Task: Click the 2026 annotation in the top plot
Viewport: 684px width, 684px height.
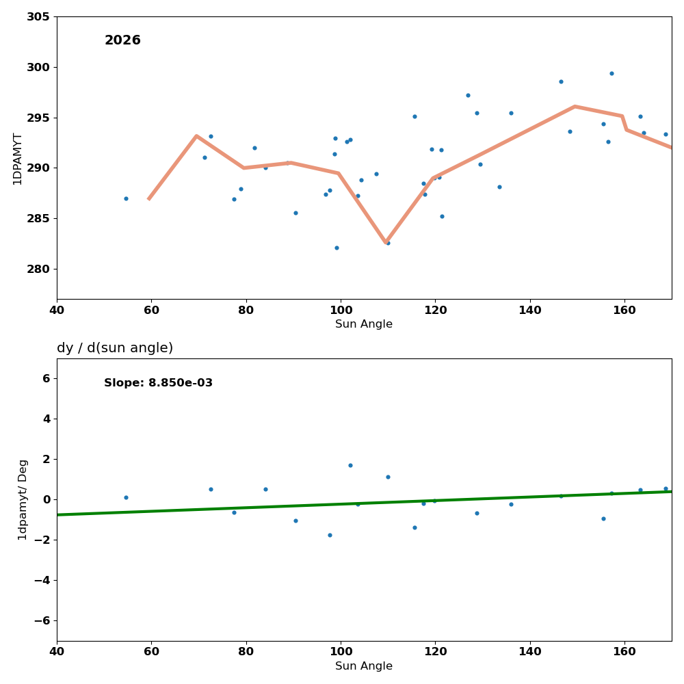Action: point(122,41)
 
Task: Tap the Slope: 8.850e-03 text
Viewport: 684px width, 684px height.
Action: point(158,383)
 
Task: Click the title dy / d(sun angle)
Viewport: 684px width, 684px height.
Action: point(115,348)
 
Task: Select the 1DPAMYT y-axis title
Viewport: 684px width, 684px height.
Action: point(18,159)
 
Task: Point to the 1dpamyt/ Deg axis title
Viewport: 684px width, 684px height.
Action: point(23,499)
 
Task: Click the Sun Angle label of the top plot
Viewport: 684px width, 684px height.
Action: point(364,324)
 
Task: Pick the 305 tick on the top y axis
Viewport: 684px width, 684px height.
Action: point(38,16)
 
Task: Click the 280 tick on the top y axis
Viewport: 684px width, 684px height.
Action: point(38,269)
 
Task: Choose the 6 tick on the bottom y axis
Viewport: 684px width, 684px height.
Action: point(46,378)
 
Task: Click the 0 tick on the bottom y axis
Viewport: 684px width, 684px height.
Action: point(46,499)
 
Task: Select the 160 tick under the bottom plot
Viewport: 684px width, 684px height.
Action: point(624,652)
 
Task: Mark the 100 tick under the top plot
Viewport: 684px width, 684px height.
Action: point(341,310)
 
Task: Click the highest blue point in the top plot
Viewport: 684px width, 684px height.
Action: point(611,74)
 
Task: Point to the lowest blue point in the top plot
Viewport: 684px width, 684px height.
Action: point(337,248)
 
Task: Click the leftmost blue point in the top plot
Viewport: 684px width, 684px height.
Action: point(126,198)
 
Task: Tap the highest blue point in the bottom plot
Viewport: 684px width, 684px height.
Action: point(350,465)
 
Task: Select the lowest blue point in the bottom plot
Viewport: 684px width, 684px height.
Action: point(330,535)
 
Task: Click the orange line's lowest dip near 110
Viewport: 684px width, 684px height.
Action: point(386,242)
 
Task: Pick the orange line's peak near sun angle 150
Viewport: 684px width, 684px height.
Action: point(575,106)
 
